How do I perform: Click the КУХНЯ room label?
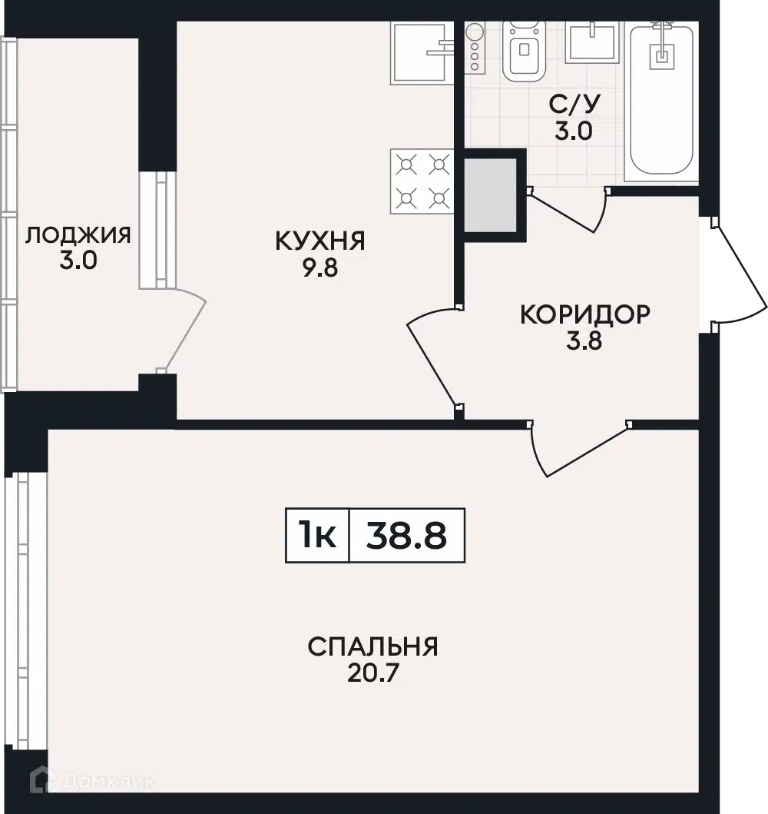pyautogui.click(x=320, y=241)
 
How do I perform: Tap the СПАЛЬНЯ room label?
pyautogui.click(x=372, y=647)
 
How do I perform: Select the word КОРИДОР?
pyautogui.click(x=585, y=314)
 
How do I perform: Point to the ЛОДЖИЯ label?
pyautogui.click(x=78, y=235)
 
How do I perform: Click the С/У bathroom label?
pyautogui.click(x=574, y=105)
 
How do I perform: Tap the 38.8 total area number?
pyautogui.click(x=406, y=536)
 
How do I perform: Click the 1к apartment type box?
pyautogui.click(x=317, y=535)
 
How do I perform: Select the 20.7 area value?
pyautogui.click(x=372, y=673)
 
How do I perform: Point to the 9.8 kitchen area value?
pyautogui.click(x=320, y=267)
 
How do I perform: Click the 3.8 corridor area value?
pyautogui.click(x=584, y=341)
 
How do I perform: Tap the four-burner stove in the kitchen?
pyautogui.click(x=422, y=181)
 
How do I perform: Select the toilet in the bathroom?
pyautogui.click(x=525, y=51)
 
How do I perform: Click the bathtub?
pyautogui.click(x=662, y=101)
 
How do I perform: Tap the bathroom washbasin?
pyautogui.click(x=592, y=42)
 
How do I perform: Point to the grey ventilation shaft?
pyautogui.click(x=490, y=195)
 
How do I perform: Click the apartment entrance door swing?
pyautogui.click(x=738, y=273)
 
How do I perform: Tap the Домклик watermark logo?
pyautogui.click(x=92, y=781)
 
